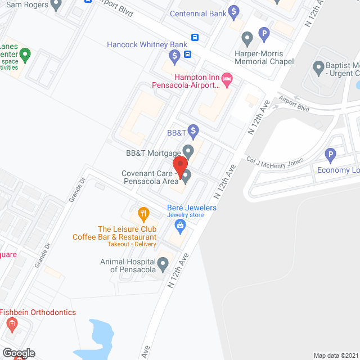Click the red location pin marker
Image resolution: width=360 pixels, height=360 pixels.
point(180,165)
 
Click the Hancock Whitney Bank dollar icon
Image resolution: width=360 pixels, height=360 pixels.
point(175,56)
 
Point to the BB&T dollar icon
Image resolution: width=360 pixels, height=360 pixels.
point(193,132)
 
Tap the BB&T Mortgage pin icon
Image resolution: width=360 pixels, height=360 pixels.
point(188,152)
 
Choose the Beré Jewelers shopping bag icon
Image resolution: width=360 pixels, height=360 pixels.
point(181,227)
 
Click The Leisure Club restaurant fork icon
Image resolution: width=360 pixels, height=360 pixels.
point(143,214)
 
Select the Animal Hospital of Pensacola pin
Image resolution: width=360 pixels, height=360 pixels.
point(163,263)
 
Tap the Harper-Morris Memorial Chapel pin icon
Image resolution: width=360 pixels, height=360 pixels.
point(246,39)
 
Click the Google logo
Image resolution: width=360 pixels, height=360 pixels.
point(18,353)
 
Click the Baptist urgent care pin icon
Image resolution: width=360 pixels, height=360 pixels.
point(318,69)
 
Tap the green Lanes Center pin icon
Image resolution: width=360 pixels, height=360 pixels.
point(25,55)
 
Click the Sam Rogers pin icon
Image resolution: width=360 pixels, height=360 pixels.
point(55,5)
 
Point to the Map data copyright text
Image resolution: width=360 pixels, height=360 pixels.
point(335,355)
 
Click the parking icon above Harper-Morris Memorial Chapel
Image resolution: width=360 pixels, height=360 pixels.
point(264,35)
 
